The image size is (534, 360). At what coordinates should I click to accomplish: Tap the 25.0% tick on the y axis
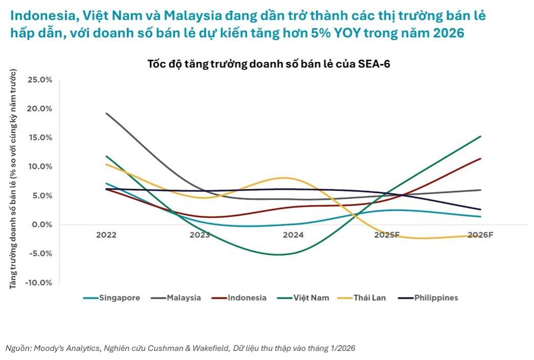[40, 80]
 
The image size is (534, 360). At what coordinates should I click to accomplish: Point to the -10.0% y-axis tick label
[39, 282]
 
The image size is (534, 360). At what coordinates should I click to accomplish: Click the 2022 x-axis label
[106, 235]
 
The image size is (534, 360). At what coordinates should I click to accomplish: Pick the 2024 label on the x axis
[293, 235]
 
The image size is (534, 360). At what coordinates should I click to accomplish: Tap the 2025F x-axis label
[387, 235]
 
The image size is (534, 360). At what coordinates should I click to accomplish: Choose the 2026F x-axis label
[480, 235]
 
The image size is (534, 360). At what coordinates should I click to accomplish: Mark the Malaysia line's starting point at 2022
[106, 114]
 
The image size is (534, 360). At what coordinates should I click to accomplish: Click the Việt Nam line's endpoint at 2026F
[480, 137]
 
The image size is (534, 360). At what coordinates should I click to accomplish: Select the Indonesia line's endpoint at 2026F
[480, 159]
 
